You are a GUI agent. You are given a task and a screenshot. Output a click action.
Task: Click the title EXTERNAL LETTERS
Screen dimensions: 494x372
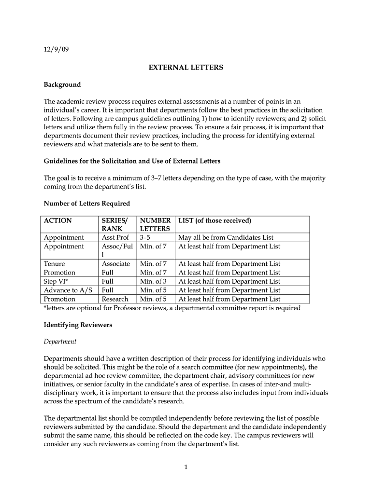(x=186, y=68)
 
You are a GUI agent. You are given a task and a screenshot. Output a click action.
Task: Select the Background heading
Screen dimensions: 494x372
(x=62, y=84)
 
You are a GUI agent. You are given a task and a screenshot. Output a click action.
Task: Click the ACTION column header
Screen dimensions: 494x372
(x=57, y=220)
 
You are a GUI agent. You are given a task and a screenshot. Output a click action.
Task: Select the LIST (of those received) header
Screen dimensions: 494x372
(x=215, y=220)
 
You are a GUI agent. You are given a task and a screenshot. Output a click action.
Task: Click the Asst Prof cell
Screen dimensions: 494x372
(x=115, y=237)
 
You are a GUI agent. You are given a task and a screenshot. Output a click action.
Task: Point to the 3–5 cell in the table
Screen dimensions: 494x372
(x=145, y=237)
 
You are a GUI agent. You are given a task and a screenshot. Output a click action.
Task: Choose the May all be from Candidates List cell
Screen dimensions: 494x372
(x=226, y=237)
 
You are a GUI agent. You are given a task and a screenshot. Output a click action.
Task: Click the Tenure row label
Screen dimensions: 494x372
(x=54, y=264)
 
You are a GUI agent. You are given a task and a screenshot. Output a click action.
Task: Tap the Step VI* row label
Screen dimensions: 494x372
(x=56, y=281)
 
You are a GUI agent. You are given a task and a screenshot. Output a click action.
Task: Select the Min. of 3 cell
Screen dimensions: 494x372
(x=153, y=281)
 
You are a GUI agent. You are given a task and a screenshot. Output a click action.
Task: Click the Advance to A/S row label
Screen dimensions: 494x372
(x=68, y=290)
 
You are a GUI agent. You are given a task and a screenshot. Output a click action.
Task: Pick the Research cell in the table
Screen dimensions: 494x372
(x=115, y=299)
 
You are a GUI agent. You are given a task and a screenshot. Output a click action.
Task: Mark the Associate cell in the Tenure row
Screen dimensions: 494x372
(x=116, y=264)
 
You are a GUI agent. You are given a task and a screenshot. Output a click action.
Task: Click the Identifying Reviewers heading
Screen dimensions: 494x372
(x=78, y=325)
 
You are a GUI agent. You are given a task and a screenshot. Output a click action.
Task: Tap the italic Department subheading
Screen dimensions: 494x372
(x=60, y=342)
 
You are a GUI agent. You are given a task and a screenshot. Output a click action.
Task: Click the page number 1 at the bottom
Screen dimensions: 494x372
(x=186, y=467)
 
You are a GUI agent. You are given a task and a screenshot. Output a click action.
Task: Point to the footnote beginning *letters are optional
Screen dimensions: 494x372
(x=172, y=308)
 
